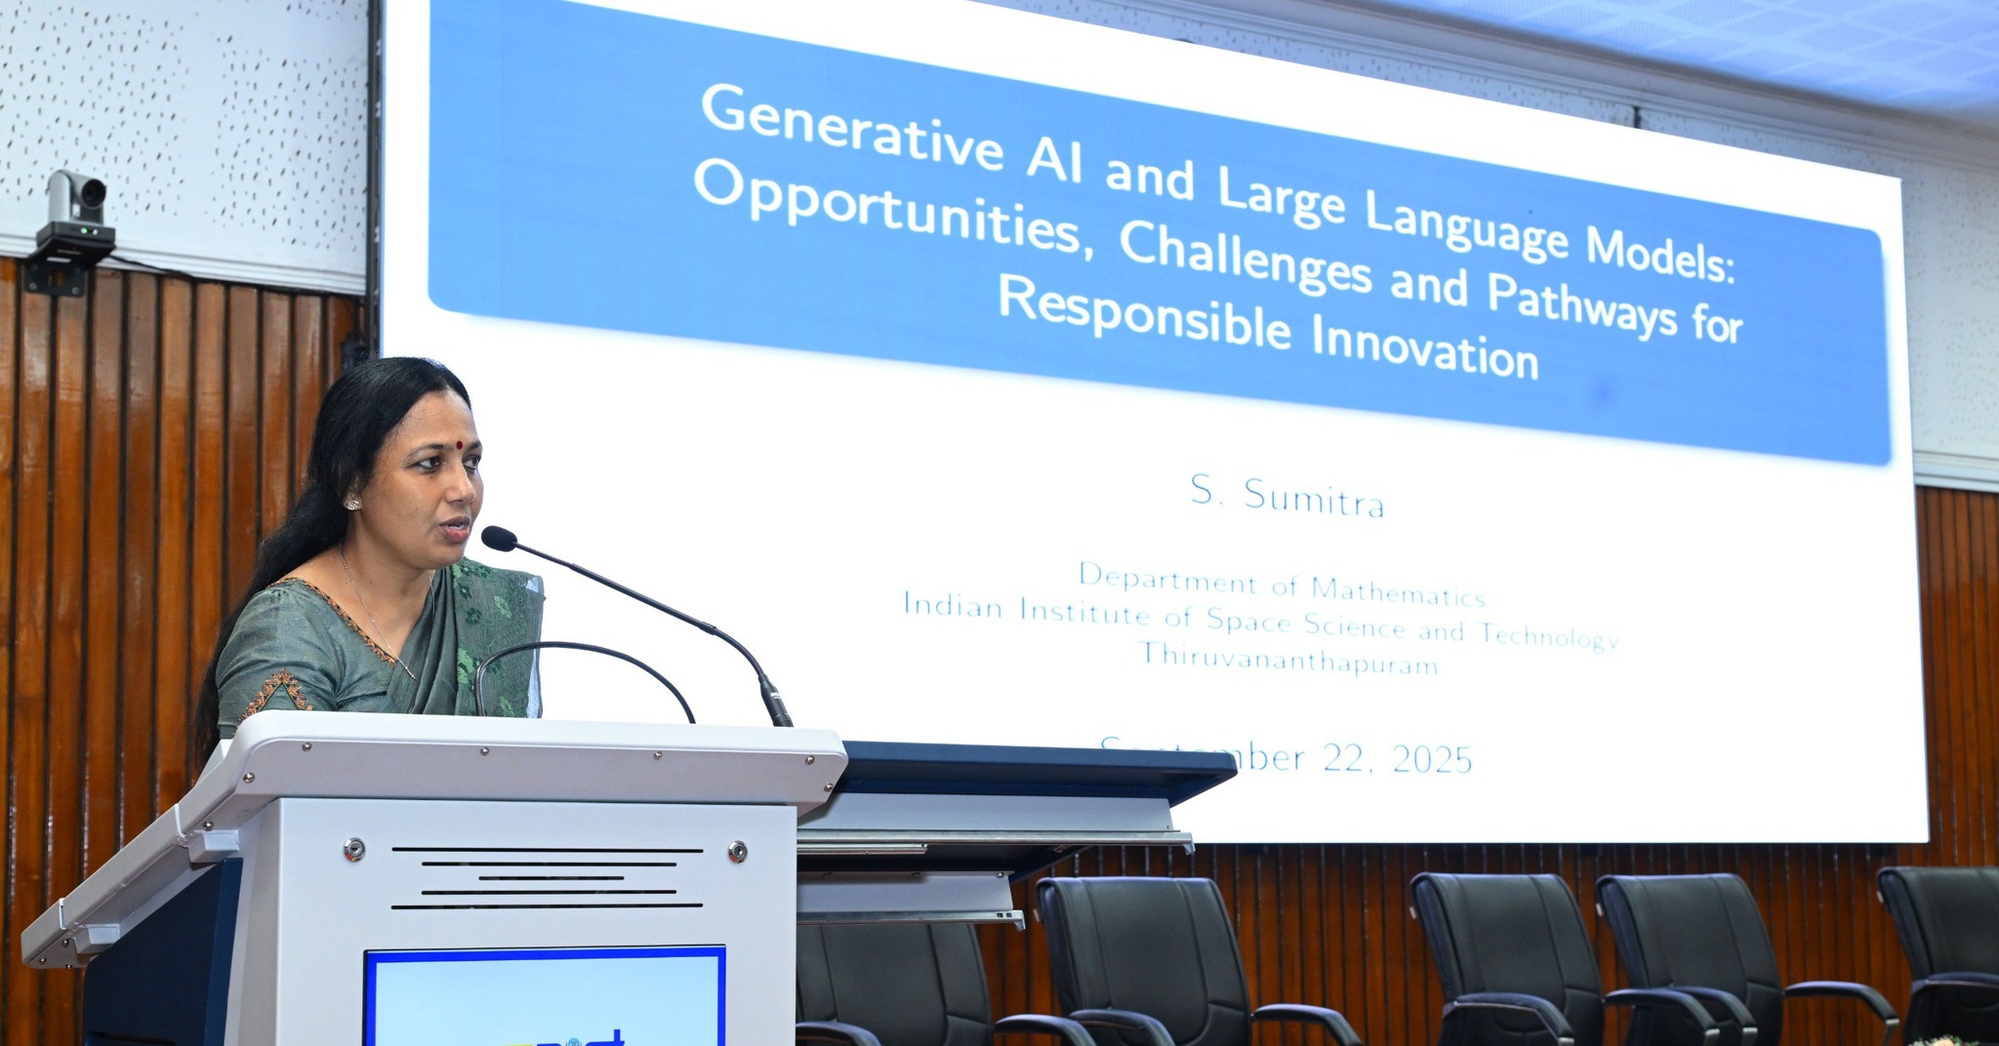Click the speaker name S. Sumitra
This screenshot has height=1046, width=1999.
point(1286,499)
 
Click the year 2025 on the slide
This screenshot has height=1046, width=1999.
point(1432,760)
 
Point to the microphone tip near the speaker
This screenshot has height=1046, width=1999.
point(498,538)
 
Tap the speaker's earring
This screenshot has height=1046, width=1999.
point(352,503)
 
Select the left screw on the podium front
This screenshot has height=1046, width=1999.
point(354,849)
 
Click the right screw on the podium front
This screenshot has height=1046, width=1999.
point(738,851)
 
